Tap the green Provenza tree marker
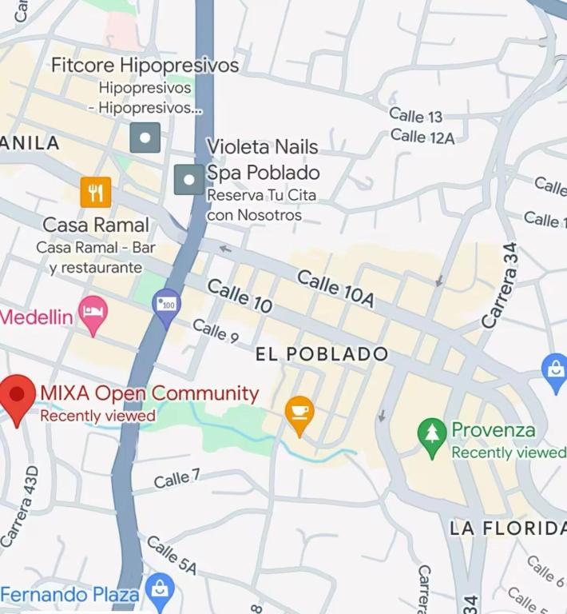[x=432, y=436]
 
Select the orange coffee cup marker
[x=299, y=414]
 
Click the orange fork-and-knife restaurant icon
[x=96, y=192]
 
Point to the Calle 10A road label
[x=335, y=289]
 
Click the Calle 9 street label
[x=216, y=330]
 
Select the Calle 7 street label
[x=176, y=480]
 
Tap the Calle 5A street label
[x=172, y=555]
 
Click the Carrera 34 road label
[x=501, y=285]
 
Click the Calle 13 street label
[x=415, y=116]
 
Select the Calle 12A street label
[x=422, y=137]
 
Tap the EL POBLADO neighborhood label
[x=322, y=354]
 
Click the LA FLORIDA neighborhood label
[x=507, y=528]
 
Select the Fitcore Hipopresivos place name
[x=145, y=66]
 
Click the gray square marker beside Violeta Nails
[x=189, y=180]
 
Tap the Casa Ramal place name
[x=96, y=225]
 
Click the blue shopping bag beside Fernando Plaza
[x=161, y=592]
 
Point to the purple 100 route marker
[x=167, y=305]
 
